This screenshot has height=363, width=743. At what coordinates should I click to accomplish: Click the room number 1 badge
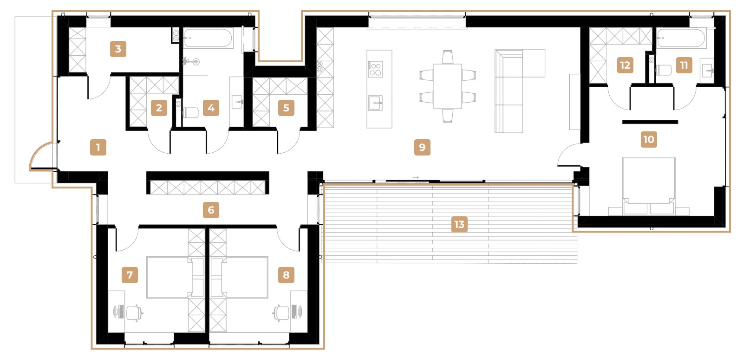click(98, 148)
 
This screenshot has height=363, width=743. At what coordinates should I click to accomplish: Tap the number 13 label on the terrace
click(459, 225)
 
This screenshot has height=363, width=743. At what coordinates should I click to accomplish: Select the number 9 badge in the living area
click(422, 148)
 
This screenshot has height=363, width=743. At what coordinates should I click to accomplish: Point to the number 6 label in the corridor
click(211, 210)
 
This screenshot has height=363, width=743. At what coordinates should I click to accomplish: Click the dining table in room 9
click(447, 86)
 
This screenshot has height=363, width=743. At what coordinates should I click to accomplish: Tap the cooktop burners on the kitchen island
click(375, 70)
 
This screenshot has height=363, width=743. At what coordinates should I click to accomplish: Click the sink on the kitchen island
click(375, 103)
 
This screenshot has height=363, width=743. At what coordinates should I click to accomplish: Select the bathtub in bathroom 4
click(208, 39)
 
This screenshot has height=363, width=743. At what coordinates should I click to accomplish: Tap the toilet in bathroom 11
click(664, 71)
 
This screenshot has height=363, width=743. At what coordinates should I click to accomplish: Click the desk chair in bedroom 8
click(281, 312)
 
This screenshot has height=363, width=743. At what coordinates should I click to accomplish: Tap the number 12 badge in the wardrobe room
click(625, 65)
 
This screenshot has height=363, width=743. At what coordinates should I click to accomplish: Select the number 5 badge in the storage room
click(286, 108)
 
